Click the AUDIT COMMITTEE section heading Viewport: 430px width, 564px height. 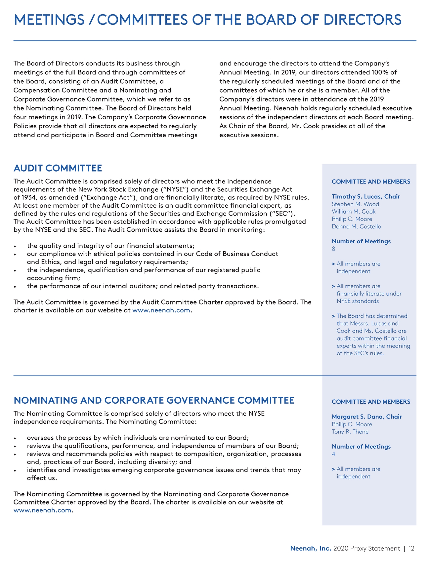coord(58,168)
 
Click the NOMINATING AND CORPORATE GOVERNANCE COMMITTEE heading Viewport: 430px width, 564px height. coord(154,401)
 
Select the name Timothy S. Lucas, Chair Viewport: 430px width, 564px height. coord(366,197)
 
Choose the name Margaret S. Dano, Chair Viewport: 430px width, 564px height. coord(367,417)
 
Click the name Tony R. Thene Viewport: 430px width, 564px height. coord(350,432)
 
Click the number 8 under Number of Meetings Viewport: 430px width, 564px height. coord(333,249)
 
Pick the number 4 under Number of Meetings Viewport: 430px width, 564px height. coord(333,454)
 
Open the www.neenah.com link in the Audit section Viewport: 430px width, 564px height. coord(161,310)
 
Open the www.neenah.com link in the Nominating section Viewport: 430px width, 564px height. coord(42,510)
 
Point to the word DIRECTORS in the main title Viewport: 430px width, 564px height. coord(363,20)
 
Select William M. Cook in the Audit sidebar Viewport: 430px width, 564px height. coord(354,212)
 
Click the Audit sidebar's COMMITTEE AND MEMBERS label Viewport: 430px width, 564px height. coord(371,182)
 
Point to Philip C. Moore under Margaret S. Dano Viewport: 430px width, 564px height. coord(352,424)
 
